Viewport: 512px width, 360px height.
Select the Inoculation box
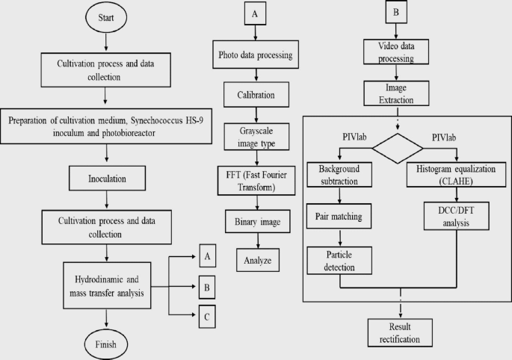(x=108, y=179)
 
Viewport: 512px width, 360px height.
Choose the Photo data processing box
(x=256, y=56)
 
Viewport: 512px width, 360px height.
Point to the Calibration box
(x=256, y=96)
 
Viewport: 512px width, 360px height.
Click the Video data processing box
(x=396, y=52)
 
